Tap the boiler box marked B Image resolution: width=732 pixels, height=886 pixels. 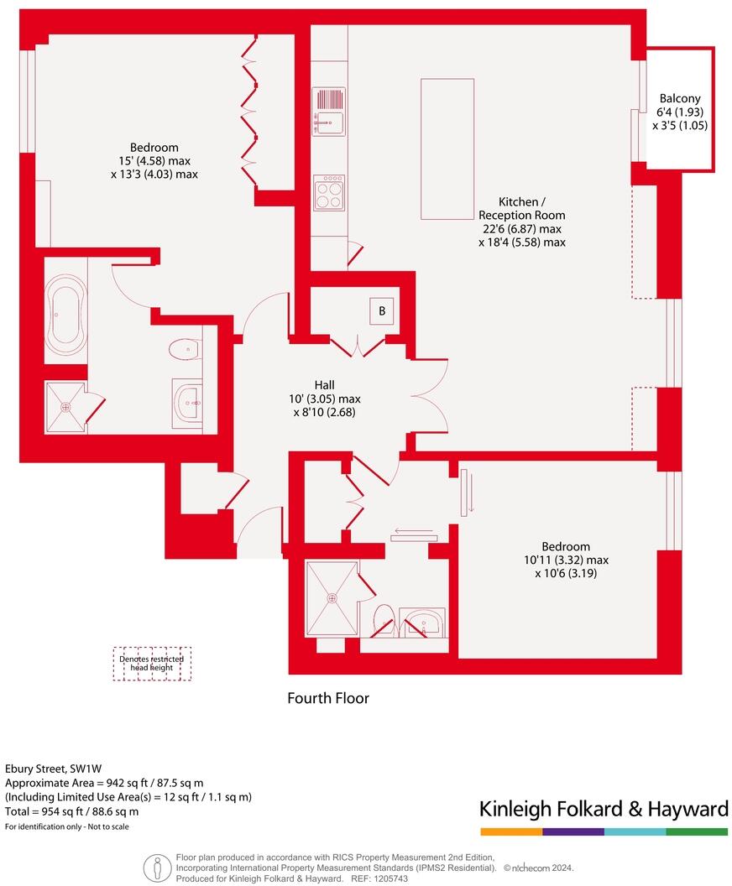(x=382, y=311)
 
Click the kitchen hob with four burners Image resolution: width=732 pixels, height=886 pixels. (x=329, y=193)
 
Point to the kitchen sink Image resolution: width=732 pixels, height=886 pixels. (x=328, y=111)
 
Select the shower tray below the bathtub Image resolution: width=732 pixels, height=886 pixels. (x=65, y=407)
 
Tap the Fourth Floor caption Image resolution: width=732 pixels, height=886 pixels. (x=328, y=698)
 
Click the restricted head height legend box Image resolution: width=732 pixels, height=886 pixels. (x=153, y=664)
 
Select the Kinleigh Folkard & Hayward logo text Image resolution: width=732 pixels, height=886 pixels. (x=603, y=809)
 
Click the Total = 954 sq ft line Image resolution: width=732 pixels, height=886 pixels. (x=72, y=811)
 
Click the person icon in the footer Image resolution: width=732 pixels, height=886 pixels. (x=154, y=868)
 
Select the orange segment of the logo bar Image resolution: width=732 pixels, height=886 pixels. (x=511, y=831)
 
